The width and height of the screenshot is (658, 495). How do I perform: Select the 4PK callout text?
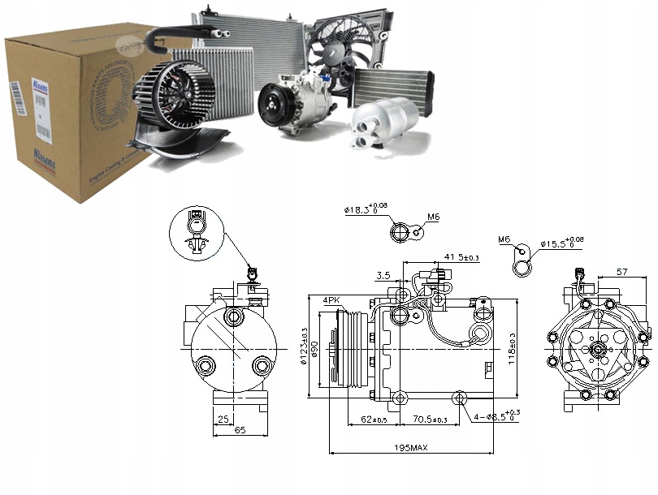(x=331, y=299)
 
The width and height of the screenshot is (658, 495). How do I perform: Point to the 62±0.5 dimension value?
(x=376, y=420)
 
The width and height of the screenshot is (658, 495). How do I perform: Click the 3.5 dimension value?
(x=383, y=275)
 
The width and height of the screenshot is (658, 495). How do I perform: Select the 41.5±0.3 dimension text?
(x=461, y=257)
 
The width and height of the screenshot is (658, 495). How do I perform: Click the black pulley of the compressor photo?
(x=273, y=105)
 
